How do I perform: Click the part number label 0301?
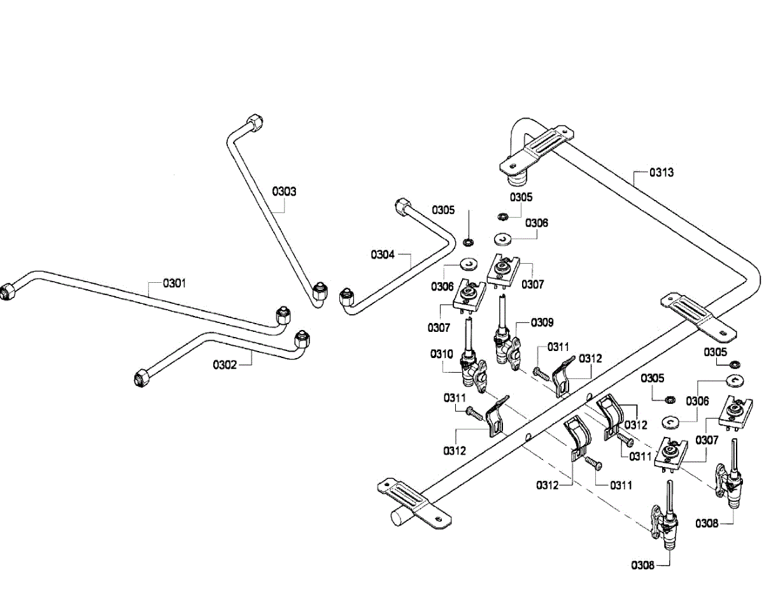tap(174, 283)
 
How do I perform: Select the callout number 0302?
tap(225, 364)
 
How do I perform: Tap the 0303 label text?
tap(284, 191)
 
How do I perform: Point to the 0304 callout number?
tap(383, 254)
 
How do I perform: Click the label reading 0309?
tap(542, 322)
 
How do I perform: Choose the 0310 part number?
tap(442, 354)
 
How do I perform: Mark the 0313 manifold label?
tap(661, 173)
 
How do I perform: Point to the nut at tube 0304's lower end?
tap(347, 297)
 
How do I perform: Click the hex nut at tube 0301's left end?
tap(7, 292)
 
